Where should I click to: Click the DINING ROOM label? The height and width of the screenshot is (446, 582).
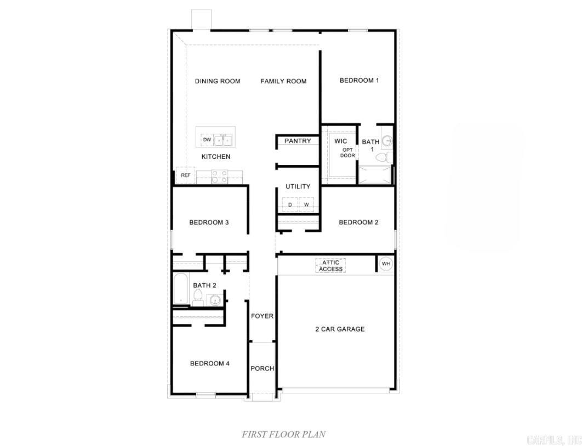pos(218,81)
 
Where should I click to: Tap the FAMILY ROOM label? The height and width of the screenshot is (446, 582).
pos(283,81)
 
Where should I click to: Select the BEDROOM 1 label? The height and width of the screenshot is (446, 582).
pos(359,81)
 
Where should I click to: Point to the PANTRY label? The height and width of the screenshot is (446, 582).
pos(298,141)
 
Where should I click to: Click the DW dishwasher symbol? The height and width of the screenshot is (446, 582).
pos(207,140)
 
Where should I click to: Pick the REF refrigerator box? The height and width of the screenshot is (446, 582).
pos(186,175)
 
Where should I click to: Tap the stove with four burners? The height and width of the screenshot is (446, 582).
pos(220,176)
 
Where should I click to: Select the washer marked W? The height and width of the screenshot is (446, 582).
pos(306,205)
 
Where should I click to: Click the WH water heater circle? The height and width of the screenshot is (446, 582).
pos(386,264)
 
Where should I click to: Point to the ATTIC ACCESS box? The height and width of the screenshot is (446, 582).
pos(330,266)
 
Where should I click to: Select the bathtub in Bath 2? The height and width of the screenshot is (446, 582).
pos(180,289)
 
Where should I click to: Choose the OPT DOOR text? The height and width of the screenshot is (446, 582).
pos(348,152)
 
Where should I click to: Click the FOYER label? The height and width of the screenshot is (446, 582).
pos(262,316)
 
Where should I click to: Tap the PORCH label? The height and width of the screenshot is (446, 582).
pos(262,368)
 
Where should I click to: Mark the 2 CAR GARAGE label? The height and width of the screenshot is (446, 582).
pos(339,329)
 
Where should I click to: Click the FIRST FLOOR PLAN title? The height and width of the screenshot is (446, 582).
pos(284,434)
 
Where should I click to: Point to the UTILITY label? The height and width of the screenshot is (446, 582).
pos(298,186)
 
